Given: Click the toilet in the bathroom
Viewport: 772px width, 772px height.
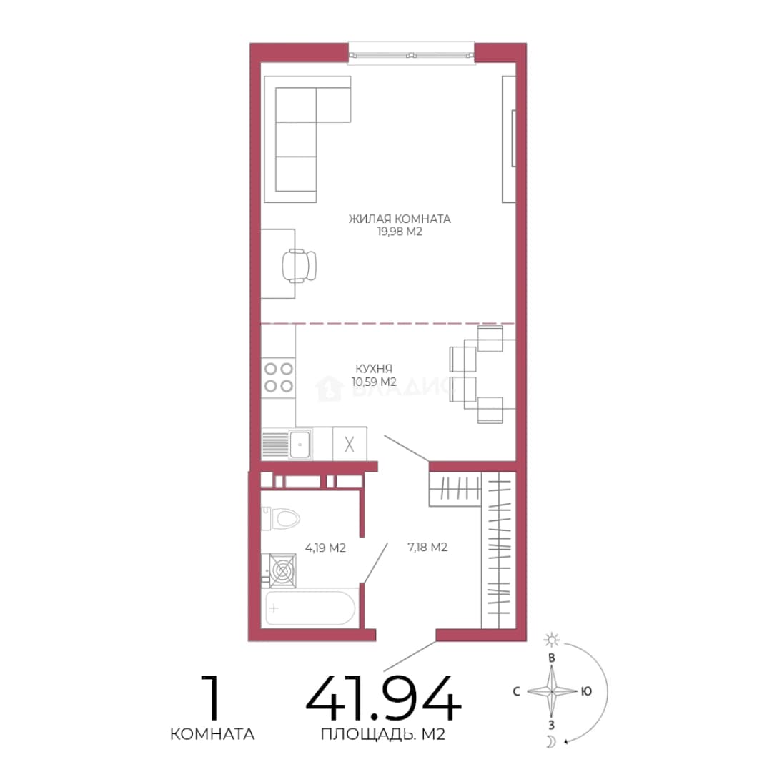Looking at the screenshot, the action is (x=281, y=518).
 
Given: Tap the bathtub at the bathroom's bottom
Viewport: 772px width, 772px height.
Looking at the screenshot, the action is (x=310, y=608).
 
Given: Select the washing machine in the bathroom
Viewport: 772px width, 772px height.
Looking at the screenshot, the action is (x=279, y=570).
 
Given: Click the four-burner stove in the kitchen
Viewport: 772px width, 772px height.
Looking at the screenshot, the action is (x=278, y=377).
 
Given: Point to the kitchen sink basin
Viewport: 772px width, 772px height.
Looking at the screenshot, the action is (x=300, y=445).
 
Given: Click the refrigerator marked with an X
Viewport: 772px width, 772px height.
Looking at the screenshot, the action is (x=350, y=444).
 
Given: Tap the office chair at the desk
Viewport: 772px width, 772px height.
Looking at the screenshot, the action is (x=299, y=266).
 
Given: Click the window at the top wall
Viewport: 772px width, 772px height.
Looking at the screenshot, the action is (x=412, y=54).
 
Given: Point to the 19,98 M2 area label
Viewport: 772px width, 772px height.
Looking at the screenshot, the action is (x=400, y=232).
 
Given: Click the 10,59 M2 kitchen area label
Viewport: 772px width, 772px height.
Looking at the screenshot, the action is (x=374, y=382).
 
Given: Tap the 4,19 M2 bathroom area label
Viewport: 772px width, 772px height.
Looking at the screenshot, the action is (x=325, y=548).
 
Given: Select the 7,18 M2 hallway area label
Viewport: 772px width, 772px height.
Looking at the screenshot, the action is (x=427, y=547).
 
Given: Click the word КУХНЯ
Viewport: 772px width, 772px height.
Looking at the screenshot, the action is (x=374, y=368).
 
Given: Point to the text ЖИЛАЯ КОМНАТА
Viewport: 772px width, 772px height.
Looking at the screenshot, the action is (x=400, y=219).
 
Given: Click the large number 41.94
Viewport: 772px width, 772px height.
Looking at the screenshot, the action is (x=384, y=698).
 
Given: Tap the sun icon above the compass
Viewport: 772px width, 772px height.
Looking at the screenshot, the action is (x=552, y=640).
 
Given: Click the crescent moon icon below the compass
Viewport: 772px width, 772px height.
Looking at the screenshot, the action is (x=552, y=741).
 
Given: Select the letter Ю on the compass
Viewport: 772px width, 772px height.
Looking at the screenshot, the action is (x=586, y=691).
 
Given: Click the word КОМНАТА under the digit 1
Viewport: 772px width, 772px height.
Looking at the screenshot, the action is (x=212, y=734).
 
